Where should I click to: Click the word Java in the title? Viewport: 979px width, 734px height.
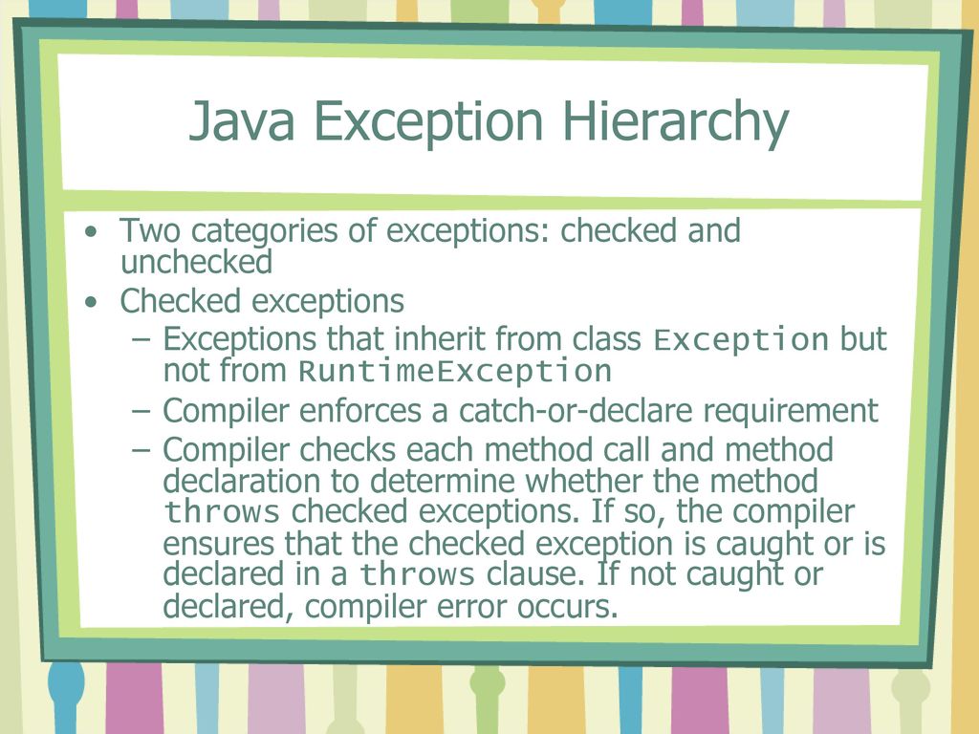(x=241, y=120)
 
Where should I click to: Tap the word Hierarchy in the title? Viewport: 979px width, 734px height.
(x=676, y=123)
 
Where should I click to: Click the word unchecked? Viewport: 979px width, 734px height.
(x=197, y=262)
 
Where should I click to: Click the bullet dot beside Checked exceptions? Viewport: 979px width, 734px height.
(x=92, y=303)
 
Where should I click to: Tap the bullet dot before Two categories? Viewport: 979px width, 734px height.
(x=92, y=232)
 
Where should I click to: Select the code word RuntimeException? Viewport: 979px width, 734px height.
(x=454, y=372)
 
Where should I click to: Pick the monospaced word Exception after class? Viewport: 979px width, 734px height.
(x=741, y=340)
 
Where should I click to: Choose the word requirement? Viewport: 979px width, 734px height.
(x=791, y=412)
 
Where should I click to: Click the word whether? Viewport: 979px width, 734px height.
(x=584, y=482)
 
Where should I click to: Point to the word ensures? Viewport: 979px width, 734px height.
(x=219, y=544)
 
